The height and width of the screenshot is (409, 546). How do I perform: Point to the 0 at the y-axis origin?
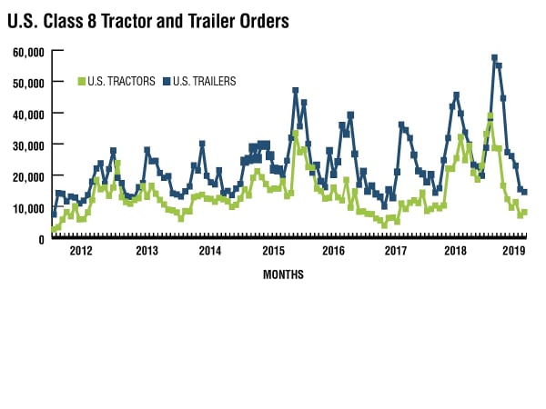(x=41, y=239)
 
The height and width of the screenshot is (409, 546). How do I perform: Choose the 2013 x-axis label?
(x=147, y=250)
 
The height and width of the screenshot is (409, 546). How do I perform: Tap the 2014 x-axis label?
(x=210, y=250)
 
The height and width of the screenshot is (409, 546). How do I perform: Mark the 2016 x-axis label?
(x=334, y=250)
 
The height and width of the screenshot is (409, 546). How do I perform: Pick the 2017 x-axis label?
(x=396, y=250)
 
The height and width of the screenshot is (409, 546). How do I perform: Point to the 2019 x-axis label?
(x=515, y=250)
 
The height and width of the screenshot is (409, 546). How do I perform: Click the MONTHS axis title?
(x=283, y=274)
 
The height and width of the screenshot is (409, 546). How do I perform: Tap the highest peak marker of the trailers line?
(x=494, y=58)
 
